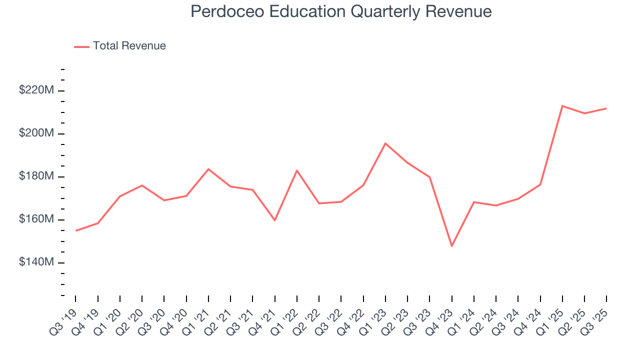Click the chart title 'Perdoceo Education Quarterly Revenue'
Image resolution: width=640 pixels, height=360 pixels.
pos(341,12)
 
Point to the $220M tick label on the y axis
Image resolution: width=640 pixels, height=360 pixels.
pos(36,90)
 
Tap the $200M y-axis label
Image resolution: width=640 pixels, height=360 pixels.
pos(36,133)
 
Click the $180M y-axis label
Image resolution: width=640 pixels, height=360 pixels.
pos(36,176)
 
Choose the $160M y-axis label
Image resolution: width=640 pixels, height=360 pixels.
pos(36,219)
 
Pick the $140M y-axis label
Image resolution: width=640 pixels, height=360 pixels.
pos(36,262)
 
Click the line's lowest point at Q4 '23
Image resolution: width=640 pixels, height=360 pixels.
pos(451,246)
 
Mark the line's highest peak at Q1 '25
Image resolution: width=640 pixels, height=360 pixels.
pos(562,106)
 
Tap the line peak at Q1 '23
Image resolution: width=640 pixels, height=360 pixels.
pos(385,143)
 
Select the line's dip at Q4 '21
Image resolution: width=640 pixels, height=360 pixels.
pos(274,220)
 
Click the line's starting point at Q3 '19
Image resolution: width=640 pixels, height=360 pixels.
pos(75,230)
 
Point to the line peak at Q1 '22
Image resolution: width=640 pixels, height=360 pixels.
pos(297,170)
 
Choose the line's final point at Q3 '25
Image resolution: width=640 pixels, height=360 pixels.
pos(606,108)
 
